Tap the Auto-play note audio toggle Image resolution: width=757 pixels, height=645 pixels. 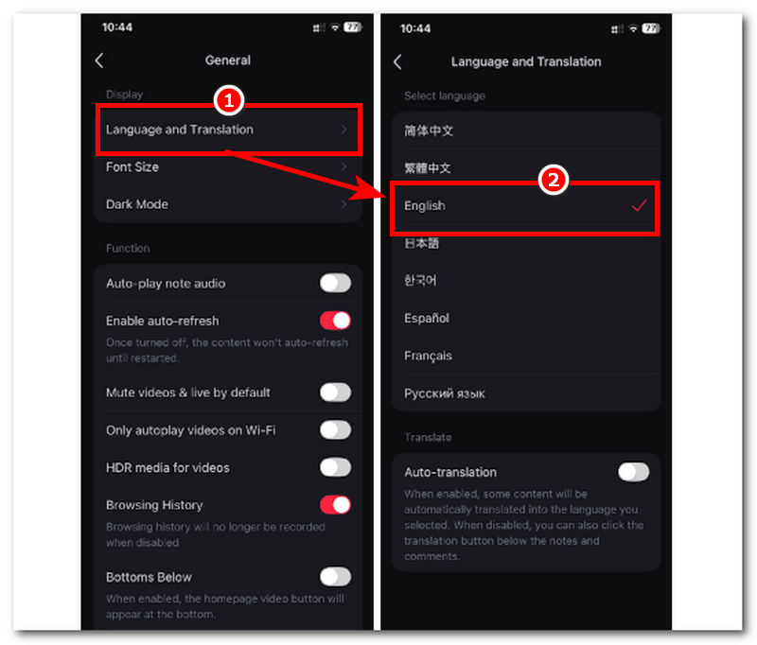[x=335, y=283]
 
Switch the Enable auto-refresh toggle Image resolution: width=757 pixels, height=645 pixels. [x=335, y=321]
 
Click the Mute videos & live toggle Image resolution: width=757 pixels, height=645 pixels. [x=335, y=392]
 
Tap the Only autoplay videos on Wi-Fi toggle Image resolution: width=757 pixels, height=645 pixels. [x=335, y=429]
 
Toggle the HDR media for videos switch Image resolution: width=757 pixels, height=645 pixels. [x=335, y=467]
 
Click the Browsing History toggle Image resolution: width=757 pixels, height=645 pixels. [x=335, y=505]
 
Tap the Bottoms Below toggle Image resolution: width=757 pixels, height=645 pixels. [x=335, y=577]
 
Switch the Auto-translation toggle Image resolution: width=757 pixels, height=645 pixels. [x=633, y=472]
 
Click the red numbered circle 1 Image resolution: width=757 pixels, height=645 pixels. [x=228, y=101]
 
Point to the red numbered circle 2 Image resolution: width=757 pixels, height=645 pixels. [x=553, y=180]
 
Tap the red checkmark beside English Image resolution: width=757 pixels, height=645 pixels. [x=639, y=205]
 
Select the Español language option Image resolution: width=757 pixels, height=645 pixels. [x=427, y=319]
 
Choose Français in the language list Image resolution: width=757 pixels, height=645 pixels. [x=429, y=356]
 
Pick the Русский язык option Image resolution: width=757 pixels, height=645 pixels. [x=445, y=393]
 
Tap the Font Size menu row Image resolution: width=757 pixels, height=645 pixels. [x=228, y=166]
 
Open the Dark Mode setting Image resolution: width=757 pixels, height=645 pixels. [x=228, y=204]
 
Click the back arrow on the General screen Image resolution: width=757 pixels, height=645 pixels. [x=99, y=61]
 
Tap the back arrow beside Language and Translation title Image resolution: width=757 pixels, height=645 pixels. [x=397, y=62]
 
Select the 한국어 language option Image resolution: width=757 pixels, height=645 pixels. [x=420, y=280]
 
